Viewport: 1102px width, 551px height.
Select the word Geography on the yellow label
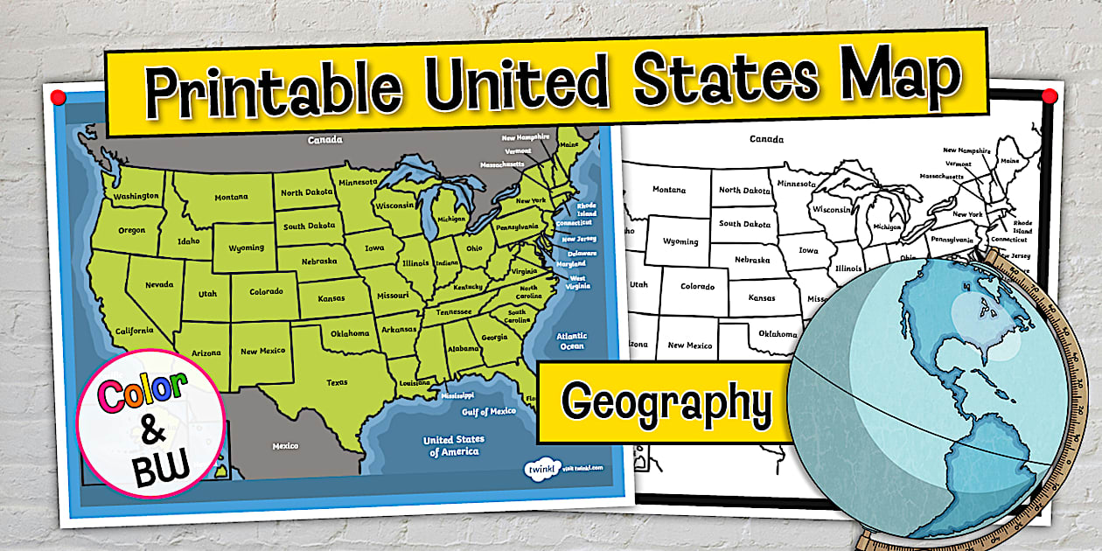[666, 403]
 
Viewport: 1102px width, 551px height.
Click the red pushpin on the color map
[58, 94]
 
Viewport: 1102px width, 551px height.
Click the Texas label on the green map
[337, 382]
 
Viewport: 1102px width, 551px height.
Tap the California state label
[135, 331]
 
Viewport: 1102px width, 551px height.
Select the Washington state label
[136, 196]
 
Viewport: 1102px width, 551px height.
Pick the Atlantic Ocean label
[572, 341]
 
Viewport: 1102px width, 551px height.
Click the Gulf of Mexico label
[489, 411]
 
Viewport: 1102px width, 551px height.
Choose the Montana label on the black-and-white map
[668, 189]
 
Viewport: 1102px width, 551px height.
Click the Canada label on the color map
[324, 140]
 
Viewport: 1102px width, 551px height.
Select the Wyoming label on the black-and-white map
[680, 241]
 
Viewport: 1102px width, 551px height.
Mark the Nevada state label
[158, 284]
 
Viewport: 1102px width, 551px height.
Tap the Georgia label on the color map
[494, 337]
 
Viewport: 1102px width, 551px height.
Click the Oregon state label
[132, 230]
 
